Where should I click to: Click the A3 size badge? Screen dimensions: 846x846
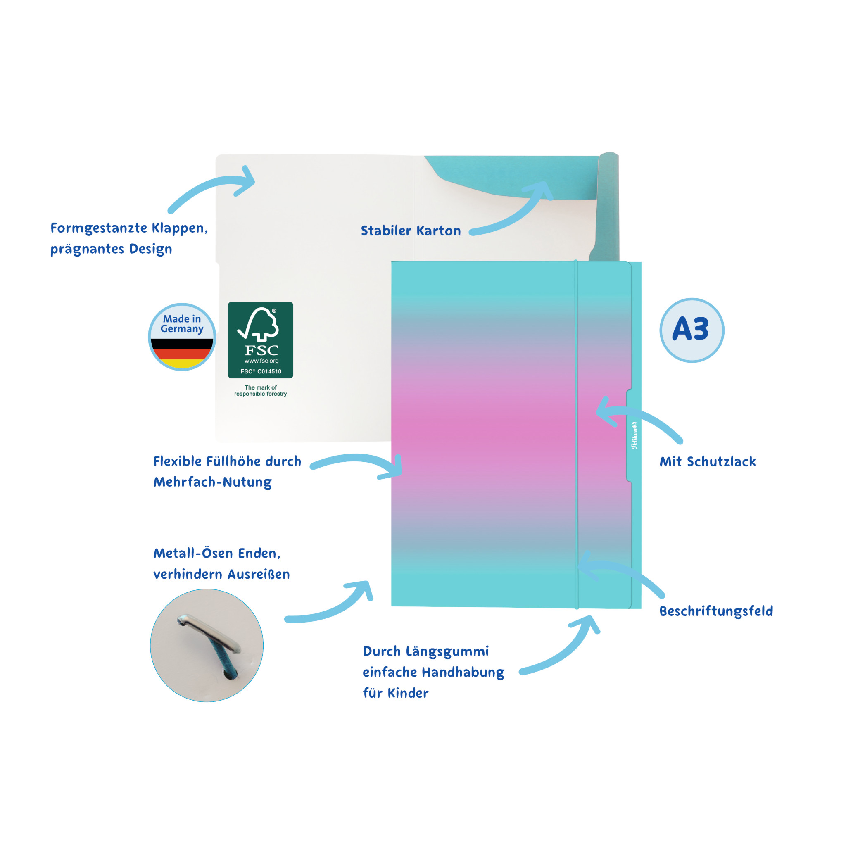[x=692, y=330]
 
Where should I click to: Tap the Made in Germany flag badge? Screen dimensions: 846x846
[x=182, y=337]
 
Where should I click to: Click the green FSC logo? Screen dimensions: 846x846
[x=261, y=340]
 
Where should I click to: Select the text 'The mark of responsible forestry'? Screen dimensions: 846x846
[x=261, y=391]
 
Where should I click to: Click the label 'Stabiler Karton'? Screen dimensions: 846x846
[x=411, y=231]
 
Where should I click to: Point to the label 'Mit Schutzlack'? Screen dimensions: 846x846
[x=708, y=461]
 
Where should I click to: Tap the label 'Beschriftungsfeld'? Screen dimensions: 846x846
[x=716, y=611]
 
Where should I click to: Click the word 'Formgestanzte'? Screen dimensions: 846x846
[x=99, y=228]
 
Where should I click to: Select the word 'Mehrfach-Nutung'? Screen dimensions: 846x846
[x=212, y=482]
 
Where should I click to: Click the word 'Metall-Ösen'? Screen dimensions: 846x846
[x=193, y=553]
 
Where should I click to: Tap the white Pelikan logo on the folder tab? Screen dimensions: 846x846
[x=634, y=435]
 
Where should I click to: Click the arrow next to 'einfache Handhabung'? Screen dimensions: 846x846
[x=565, y=652]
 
